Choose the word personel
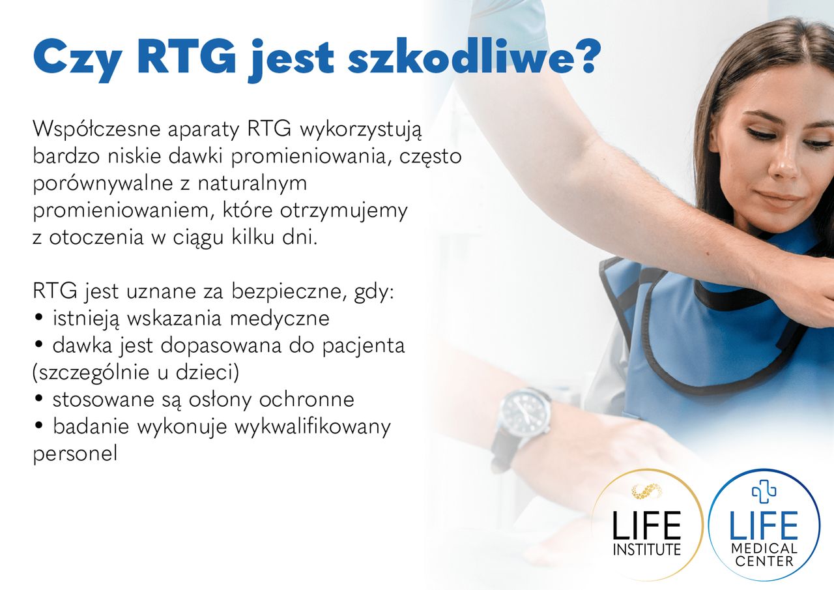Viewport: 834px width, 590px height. click(x=75, y=454)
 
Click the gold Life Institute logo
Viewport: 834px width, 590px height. click(x=647, y=524)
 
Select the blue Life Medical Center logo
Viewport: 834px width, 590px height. click(x=764, y=524)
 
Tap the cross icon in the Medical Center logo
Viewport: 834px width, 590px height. click(x=764, y=491)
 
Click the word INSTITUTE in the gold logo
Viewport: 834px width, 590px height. click(x=647, y=549)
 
